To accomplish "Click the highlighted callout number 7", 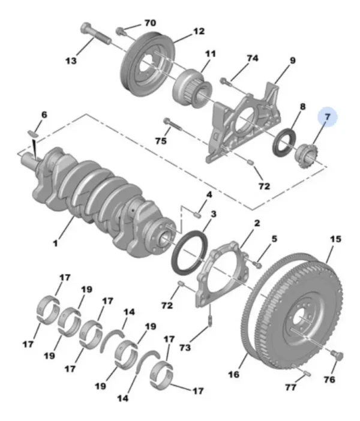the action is (327, 117).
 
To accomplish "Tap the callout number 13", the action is (71, 61).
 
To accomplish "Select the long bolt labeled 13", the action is (95, 34).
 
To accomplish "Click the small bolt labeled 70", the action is (120, 31).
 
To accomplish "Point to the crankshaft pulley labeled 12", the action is (148, 66).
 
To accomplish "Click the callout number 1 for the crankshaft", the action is (55, 243).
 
